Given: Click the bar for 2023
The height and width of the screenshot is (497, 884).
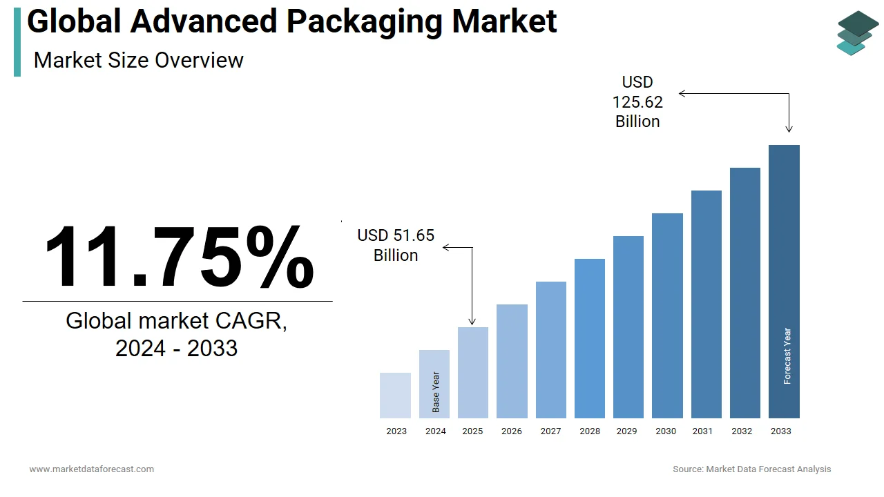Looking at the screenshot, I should tap(395, 396).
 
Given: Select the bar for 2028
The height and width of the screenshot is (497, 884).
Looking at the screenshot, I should tap(590, 338).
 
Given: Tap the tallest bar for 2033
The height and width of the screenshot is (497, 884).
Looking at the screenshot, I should tap(784, 276).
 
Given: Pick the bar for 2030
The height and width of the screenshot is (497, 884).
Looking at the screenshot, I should tap(667, 315).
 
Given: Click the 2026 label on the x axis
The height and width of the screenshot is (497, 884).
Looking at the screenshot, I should tap(512, 431).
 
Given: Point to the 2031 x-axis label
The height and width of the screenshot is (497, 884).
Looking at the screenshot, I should tap(702, 431).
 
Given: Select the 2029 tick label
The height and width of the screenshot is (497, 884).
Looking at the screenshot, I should tap(626, 431).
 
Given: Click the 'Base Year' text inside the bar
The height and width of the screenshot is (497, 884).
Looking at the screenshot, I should tap(436, 392).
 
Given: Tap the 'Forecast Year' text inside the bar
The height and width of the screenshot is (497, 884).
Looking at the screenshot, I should tap(787, 356).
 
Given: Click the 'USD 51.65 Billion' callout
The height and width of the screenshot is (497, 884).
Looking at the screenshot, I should tap(396, 245).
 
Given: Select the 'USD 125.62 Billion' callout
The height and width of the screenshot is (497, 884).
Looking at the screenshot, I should tap(637, 102).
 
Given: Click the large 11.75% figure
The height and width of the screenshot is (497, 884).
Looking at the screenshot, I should tap(179, 257).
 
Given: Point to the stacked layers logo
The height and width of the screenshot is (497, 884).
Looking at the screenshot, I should tap(858, 32).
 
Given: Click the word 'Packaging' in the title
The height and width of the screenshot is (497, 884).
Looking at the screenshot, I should tap(365, 21).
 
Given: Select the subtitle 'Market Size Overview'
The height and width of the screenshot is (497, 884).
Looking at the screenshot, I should tap(138, 60).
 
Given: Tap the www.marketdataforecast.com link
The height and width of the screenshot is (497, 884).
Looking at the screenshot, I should tap(92, 469).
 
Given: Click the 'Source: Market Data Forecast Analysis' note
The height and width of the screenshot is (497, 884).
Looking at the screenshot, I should tap(751, 469).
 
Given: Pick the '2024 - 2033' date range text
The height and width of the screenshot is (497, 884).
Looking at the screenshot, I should tap(176, 349).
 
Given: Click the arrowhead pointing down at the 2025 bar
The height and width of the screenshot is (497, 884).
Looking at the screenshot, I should tap(472, 321).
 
